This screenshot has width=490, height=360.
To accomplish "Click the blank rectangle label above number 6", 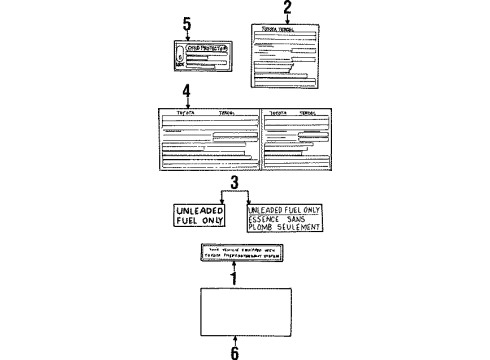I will tap(234, 310).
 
